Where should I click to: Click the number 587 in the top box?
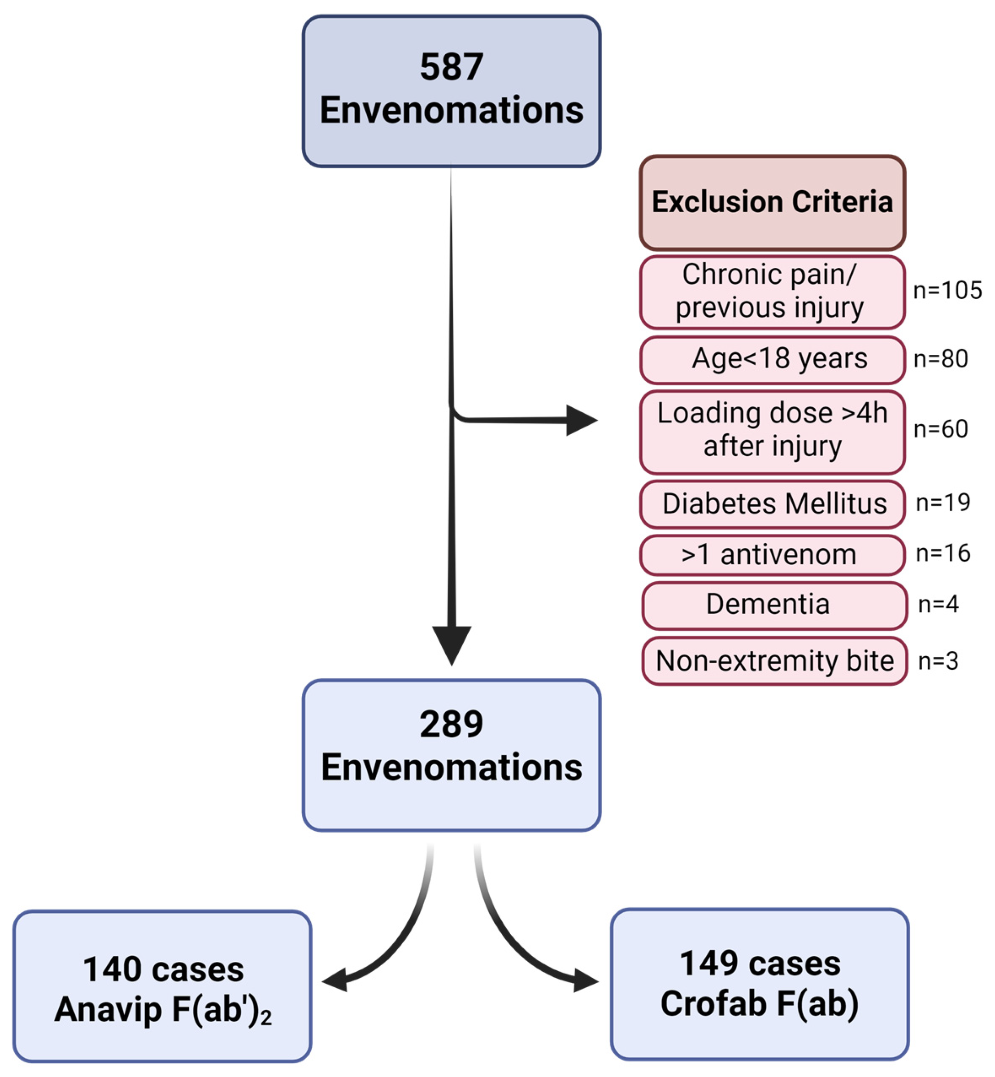(451, 67)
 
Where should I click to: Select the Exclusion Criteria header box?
(772, 202)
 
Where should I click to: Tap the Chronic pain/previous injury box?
(772, 292)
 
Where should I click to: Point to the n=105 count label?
(947, 291)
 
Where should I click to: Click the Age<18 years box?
(772, 359)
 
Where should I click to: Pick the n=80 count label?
(941, 359)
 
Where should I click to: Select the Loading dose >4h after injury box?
(772, 432)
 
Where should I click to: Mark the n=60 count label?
(941, 429)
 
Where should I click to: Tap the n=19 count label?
(943, 502)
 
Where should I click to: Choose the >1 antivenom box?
(772, 555)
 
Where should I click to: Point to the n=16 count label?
(943, 553)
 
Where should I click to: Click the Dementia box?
(773, 605)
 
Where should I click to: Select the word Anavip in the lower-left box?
(108, 1010)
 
